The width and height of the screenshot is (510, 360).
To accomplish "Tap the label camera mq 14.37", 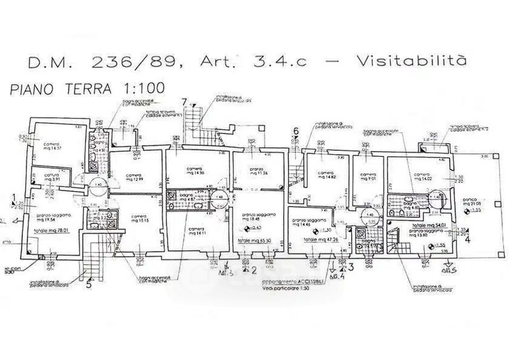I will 54,147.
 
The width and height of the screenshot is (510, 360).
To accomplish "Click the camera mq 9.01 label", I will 368,176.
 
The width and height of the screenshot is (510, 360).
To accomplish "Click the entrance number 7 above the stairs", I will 184,102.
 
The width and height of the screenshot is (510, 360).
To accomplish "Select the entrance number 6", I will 296,132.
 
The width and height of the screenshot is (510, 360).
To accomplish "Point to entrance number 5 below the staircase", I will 88,285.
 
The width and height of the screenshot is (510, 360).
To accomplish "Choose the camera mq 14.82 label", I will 325,176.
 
